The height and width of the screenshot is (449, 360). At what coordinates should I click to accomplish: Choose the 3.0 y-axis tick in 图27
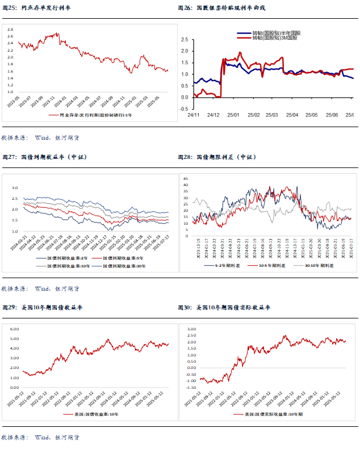pos(15,187)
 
